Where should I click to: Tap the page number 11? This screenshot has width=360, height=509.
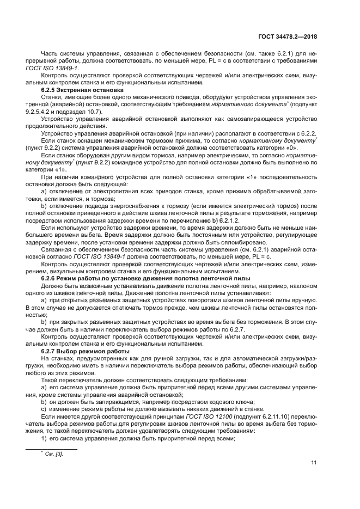(x=314, y=463)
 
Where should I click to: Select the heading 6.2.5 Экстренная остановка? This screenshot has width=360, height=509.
(x=82, y=89)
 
